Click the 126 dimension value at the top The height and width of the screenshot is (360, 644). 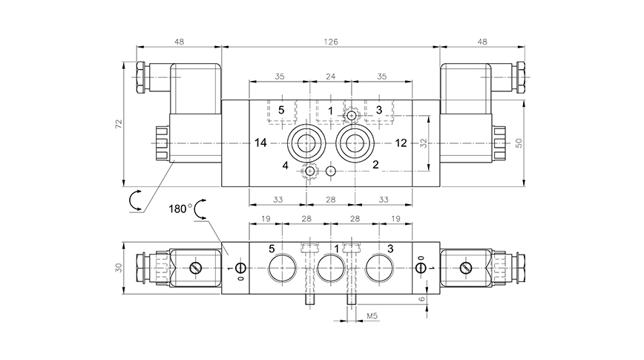pyautogui.click(x=331, y=42)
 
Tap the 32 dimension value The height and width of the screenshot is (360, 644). pyautogui.click(x=424, y=142)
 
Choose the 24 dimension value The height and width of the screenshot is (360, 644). pyautogui.click(x=331, y=76)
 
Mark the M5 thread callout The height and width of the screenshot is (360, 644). pyautogui.click(x=375, y=317)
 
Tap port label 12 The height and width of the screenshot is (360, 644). pyautogui.click(x=401, y=142)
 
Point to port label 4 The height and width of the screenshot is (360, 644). pyautogui.click(x=285, y=165)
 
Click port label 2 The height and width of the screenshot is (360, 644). pyautogui.click(x=376, y=165)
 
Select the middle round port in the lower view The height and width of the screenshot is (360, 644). pyautogui.click(x=329, y=268)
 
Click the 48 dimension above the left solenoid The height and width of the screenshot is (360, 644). pyautogui.click(x=179, y=42)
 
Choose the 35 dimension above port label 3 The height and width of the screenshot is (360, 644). pyautogui.click(x=382, y=76)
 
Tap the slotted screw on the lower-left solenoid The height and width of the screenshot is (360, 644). pyautogui.click(x=196, y=268)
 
